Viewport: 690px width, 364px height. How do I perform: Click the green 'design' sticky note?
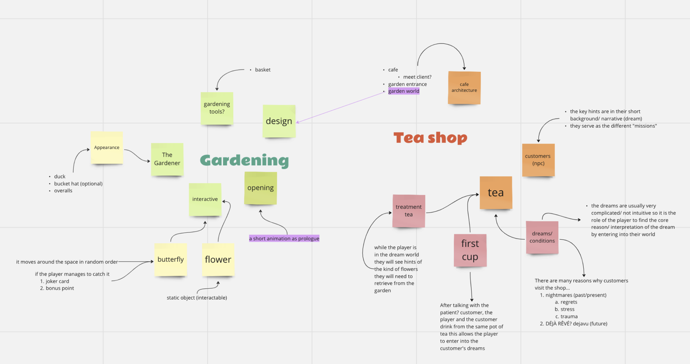(279, 121)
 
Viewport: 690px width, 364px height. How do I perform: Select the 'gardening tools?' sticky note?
(217, 108)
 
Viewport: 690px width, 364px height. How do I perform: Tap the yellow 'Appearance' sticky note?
(107, 148)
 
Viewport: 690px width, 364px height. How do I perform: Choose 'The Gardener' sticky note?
(167, 159)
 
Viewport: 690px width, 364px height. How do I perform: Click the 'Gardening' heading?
(244, 160)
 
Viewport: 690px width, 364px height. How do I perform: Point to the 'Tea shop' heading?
(430, 138)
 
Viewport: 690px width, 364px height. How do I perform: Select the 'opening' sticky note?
(260, 188)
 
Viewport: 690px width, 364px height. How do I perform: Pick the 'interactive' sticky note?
(205, 199)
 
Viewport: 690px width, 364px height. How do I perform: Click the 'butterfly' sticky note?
(171, 260)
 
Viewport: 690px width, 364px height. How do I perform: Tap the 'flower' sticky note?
(218, 260)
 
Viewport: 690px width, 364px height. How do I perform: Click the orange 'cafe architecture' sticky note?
(464, 88)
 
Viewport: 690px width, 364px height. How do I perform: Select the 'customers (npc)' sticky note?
(538, 160)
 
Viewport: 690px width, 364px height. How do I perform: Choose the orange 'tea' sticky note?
(496, 193)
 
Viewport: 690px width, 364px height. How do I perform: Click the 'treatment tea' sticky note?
(409, 211)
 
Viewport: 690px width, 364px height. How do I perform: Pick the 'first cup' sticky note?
(470, 250)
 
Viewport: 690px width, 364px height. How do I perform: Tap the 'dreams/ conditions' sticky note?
(542, 237)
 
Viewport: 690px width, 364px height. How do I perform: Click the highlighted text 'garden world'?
(404, 91)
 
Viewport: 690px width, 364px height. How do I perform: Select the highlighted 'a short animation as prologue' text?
(284, 239)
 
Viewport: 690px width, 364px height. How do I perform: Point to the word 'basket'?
(263, 70)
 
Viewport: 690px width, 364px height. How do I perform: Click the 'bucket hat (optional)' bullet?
(78, 184)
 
